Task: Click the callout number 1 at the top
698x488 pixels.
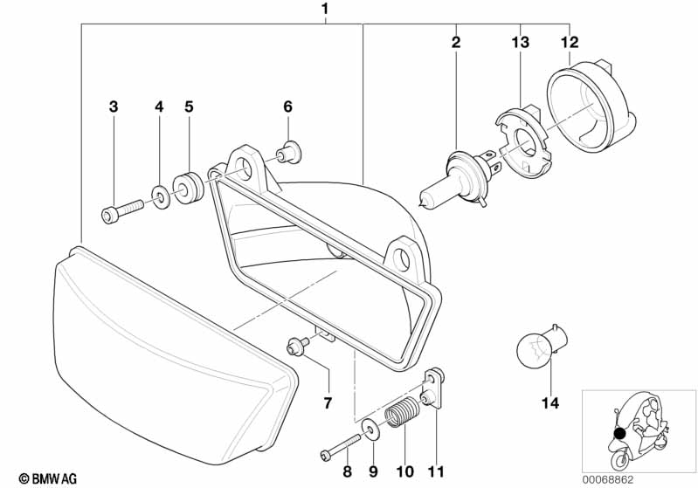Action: click(325, 9)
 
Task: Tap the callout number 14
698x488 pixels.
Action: click(549, 403)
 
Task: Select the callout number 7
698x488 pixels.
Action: click(328, 403)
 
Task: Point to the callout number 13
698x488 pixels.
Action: click(521, 42)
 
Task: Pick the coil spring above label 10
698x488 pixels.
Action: click(403, 412)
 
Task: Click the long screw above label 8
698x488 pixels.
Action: click(340, 446)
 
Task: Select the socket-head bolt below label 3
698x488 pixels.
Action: click(122, 210)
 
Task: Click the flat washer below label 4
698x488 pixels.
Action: click(160, 196)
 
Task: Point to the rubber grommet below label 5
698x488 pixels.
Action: click(188, 188)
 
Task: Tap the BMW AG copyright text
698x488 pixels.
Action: click(48, 478)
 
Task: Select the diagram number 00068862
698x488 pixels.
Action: click(608, 480)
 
